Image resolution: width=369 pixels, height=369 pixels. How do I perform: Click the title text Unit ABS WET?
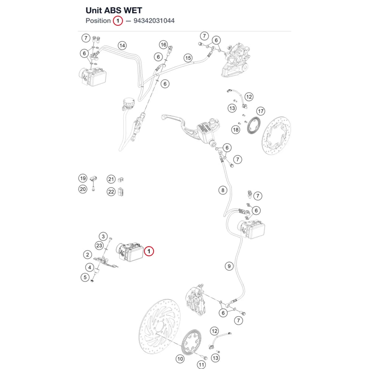point(114,10)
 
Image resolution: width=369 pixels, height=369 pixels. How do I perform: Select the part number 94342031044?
point(154,21)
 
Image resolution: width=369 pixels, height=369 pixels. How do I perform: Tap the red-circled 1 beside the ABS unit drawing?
point(149,251)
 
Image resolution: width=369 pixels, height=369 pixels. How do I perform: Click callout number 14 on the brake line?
point(122,45)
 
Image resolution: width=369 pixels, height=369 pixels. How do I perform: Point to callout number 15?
point(188,58)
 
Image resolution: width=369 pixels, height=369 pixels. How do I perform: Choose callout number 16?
point(163,45)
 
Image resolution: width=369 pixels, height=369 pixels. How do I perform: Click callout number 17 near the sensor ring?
point(261,111)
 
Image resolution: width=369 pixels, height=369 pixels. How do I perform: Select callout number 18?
point(235,130)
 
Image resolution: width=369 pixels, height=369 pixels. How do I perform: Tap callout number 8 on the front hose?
point(223,190)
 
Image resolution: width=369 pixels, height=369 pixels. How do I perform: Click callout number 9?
point(229,266)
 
